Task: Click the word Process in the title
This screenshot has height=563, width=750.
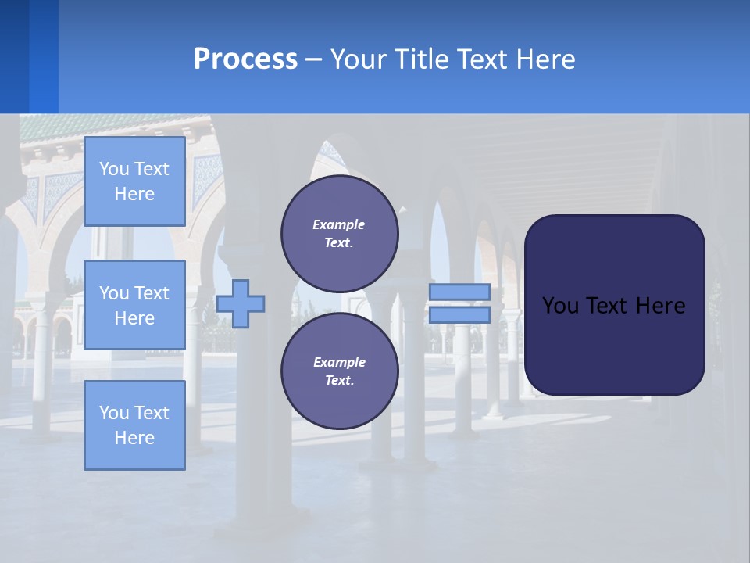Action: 245,59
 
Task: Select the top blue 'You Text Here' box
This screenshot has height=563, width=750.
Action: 134,181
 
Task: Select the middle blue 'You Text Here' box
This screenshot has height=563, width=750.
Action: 134,305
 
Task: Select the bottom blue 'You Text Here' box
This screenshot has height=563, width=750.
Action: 134,425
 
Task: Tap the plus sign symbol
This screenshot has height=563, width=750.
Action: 241,303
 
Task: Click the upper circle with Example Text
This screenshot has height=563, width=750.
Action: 340,234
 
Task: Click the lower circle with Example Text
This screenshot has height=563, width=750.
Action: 340,371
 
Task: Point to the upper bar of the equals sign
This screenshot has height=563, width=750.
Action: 459,292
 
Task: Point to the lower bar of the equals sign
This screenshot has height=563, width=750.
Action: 459,315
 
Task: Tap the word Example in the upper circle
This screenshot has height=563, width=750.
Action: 338,224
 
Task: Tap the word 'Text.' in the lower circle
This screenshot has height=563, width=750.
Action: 339,381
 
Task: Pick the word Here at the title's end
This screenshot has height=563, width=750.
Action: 548,59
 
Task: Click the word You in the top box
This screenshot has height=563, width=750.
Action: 114,169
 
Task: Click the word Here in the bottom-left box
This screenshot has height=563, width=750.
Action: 134,438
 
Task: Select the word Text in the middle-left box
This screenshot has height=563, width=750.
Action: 152,293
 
